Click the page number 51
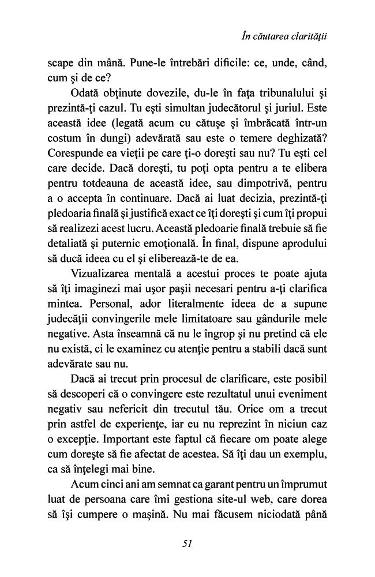(x=187, y=543)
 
